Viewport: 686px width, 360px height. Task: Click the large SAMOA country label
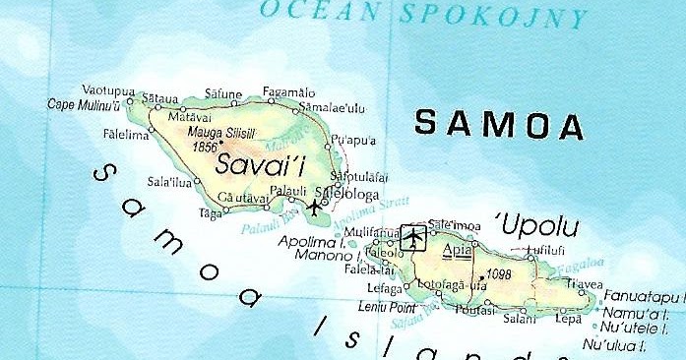click(x=499, y=125)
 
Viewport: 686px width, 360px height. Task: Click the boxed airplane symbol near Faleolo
click(x=413, y=237)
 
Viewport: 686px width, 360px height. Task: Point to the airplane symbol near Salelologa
click(x=315, y=207)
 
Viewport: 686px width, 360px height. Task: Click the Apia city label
click(x=457, y=249)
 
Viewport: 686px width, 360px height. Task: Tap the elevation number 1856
click(x=205, y=147)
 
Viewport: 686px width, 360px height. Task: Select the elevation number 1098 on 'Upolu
click(x=498, y=274)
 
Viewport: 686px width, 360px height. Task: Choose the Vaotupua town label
click(x=107, y=90)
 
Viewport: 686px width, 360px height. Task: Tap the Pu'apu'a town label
click(x=355, y=140)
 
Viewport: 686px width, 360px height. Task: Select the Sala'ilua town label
click(x=168, y=181)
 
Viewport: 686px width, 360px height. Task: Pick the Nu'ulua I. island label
click(x=614, y=344)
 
